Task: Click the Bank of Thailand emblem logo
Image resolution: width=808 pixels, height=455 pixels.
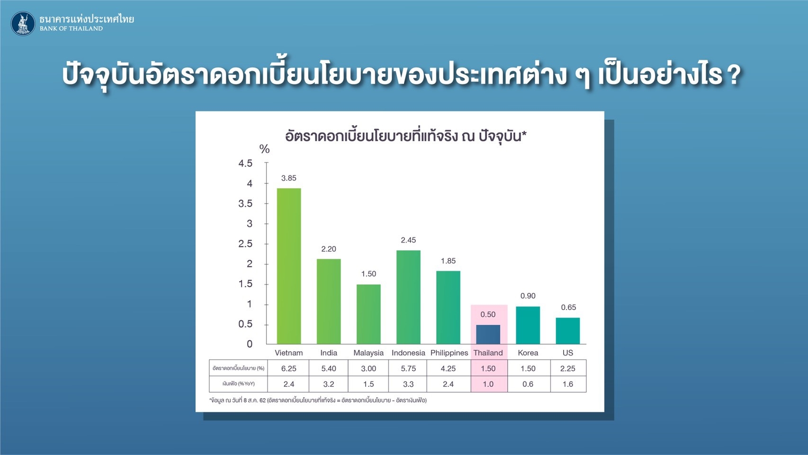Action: coord(23,24)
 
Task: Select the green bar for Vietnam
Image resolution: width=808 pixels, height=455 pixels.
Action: coord(288,266)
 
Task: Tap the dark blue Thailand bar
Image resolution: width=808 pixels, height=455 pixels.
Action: coord(488,335)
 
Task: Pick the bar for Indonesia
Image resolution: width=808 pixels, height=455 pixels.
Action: coord(408,297)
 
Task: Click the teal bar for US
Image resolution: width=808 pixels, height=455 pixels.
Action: coord(568,331)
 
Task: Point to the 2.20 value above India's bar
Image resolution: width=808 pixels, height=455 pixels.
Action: coord(329,249)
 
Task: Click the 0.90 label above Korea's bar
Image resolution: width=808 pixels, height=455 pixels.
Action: coord(528,296)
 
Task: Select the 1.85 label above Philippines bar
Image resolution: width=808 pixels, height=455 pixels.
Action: coord(448,261)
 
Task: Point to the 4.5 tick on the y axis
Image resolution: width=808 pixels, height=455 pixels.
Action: coord(245,164)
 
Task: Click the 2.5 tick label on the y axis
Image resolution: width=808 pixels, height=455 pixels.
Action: coord(245,244)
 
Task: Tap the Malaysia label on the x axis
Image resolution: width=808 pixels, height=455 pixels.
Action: coord(368,353)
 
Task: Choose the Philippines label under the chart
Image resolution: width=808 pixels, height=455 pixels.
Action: coord(449,353)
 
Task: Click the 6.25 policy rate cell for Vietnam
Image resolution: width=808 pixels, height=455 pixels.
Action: coord(288,368)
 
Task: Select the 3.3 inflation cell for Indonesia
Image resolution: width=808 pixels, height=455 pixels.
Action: coord(408,384)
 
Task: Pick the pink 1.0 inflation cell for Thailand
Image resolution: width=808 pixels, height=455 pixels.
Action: coord(488,384)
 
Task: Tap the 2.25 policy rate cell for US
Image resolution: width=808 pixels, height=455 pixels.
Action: coord(568,368)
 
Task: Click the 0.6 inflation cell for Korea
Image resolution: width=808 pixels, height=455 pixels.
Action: coord(528,384)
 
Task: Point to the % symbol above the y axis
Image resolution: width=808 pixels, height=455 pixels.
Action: coord(264,149)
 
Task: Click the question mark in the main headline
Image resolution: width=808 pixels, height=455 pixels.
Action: coord(734,75)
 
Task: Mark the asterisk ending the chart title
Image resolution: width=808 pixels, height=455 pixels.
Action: coord(524,134)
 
